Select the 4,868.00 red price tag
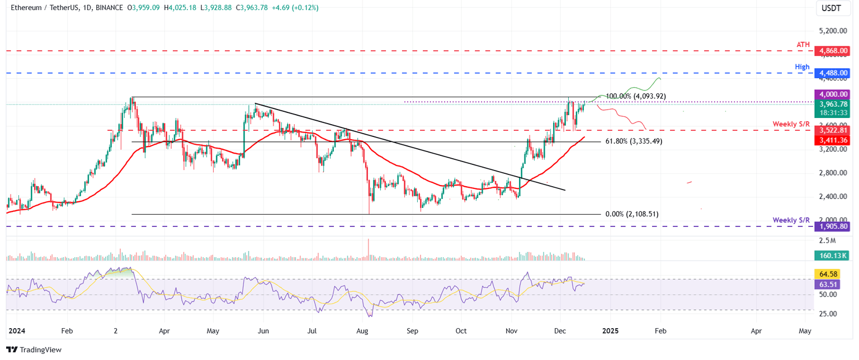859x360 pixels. click(833, 51)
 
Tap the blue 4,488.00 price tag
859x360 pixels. click(833, 73)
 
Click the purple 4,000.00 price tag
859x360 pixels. click(833, 94)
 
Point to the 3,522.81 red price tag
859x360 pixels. click(833, 130)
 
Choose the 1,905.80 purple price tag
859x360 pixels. click(833, 226)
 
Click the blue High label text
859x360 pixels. click(802, 67)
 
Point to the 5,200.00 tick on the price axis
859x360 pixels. click(833, 31)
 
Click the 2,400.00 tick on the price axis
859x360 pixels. click(833, 197)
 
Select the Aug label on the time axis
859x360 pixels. click(362, 331)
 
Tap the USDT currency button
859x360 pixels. click(833, 8)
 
